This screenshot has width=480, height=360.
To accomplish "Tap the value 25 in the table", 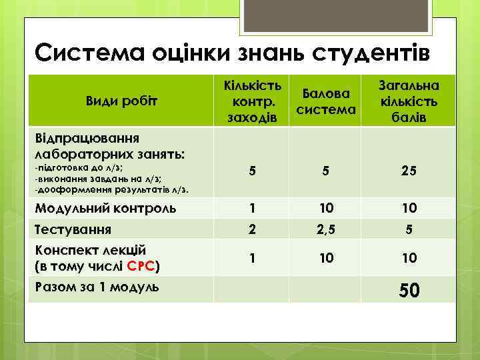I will click(409, 171).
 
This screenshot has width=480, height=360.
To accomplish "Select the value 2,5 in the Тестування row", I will click(325, 231).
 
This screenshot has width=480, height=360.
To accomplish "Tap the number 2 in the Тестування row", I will click(251, 230).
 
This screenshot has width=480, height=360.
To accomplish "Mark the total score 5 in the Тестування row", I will click(409, 231).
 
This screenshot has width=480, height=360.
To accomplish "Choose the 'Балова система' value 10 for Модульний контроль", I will click(325, 208).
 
